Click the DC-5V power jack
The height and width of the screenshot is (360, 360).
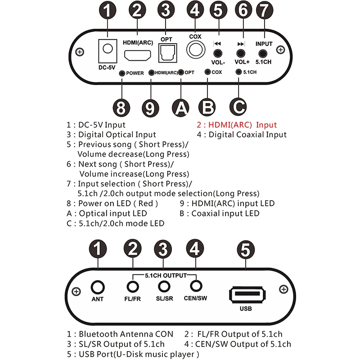(107, 49)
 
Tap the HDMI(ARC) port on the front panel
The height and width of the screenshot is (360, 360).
(138, 55)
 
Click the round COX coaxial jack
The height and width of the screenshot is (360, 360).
(195, 49)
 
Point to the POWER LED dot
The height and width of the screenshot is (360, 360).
(121, 73)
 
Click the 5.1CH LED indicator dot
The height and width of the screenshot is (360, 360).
(238, 72)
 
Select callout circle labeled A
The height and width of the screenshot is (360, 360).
(180, 108)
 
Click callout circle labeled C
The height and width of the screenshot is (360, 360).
(238, 108)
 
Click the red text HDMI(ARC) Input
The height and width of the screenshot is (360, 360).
(237, 125)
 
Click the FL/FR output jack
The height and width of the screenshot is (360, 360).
(132, 286)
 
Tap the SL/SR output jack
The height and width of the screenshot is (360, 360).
(165, 286)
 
